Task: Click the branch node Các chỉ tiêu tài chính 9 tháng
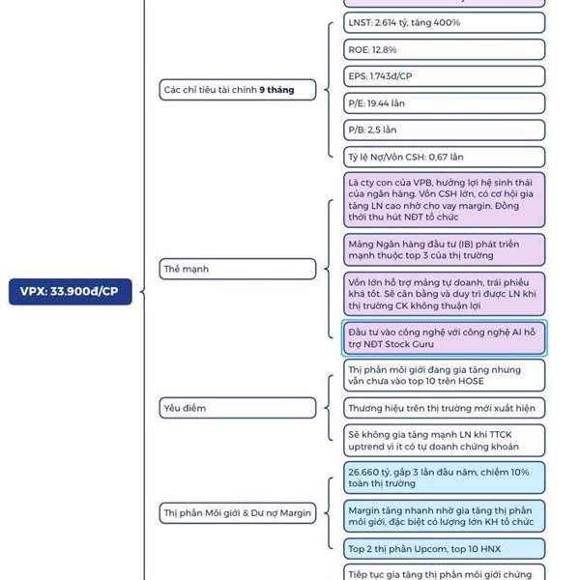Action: (238, 90)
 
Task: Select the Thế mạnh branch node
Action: (238, 269)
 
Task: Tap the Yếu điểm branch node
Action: (238, 408)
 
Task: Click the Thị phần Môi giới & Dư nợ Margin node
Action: (238, 512)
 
